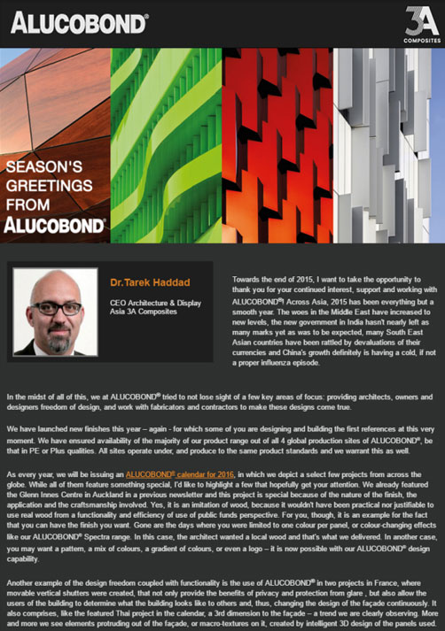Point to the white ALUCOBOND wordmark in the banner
[55, 225]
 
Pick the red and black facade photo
[277, 142]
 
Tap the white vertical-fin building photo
[390, 142]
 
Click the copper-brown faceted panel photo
[53, 97]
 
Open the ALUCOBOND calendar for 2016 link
[181, 475]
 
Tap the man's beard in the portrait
[59, 333]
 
